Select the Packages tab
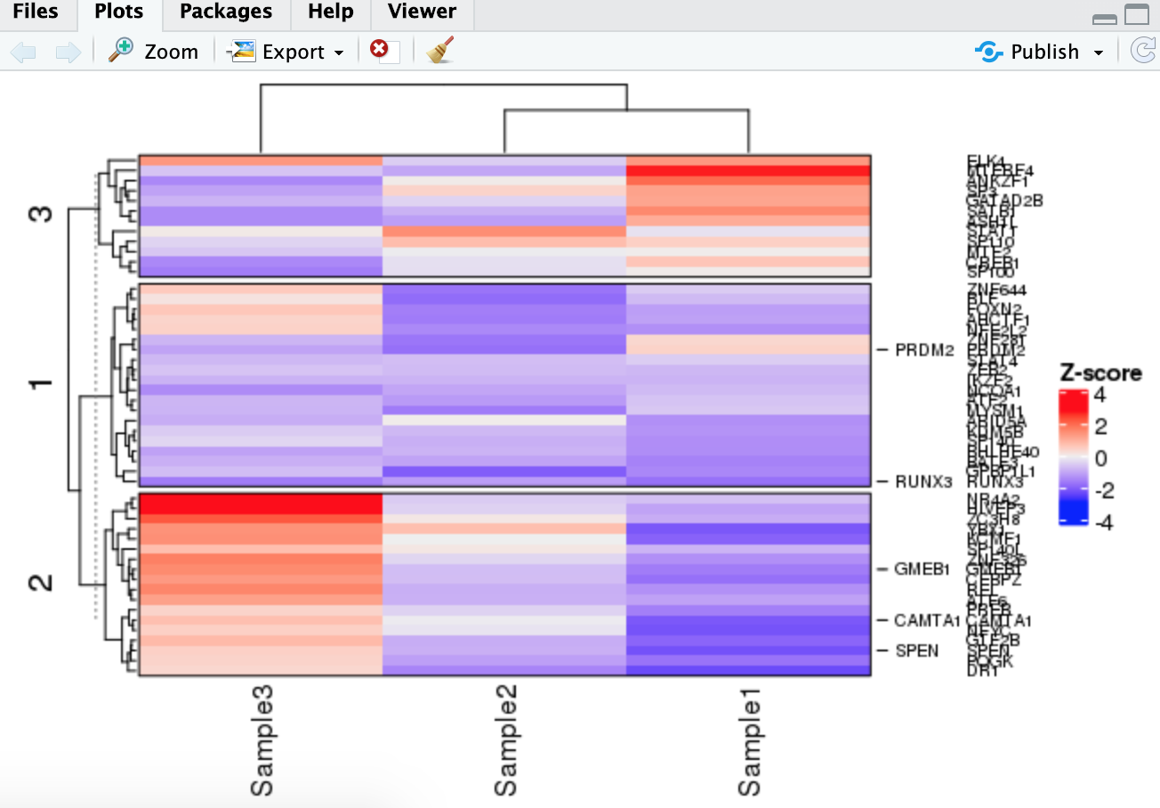[x=225, y=12]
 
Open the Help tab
[x=330, y=12]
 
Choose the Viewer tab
[x=423, y=12]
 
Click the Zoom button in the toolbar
[x=154, y=52]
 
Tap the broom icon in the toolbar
[x=439, y=51]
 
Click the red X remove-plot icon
[x=380, y=50]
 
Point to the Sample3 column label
[x=262, y=740]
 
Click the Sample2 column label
[x=505, y=740]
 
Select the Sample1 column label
[x=749, y=740]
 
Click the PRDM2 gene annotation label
[x=924, y=351]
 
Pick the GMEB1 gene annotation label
[x=922, y=570]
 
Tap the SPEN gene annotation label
[x=916, y=650]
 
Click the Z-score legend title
[x=1100, y=373]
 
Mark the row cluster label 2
[x=42, y=583]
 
